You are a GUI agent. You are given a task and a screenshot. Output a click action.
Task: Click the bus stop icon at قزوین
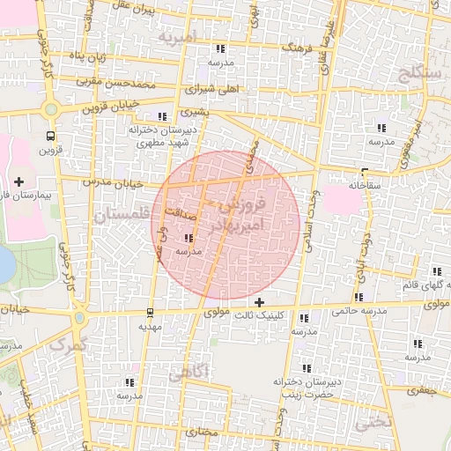point(50,136)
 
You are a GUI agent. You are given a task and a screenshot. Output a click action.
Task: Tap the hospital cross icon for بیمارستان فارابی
point(18,181)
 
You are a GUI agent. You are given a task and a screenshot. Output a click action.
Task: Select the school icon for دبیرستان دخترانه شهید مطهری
point(160,116)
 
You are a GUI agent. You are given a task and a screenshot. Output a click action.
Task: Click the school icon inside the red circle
point(189,238)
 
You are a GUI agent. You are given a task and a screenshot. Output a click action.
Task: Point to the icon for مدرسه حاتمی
point(358,298)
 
